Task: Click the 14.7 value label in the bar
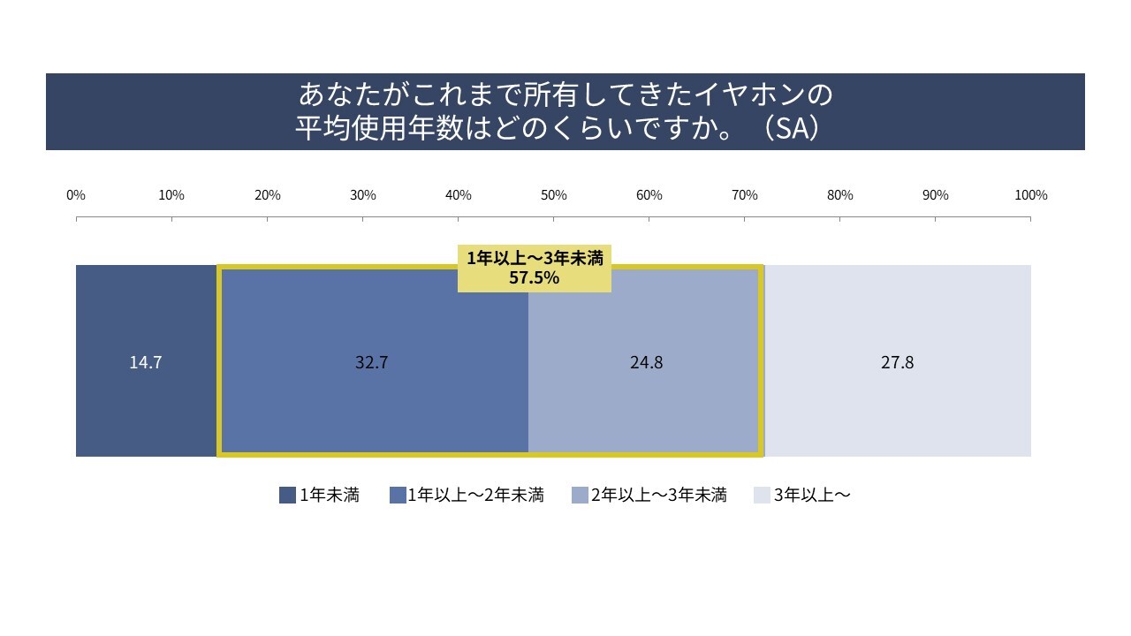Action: pos(145,363)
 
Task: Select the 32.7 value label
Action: pos(371,363)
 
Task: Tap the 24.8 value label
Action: pos(647,363)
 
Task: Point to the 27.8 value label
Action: pos(897,363)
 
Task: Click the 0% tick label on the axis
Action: pos(76,195)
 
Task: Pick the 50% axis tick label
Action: pos(553,195)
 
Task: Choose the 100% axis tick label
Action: pos(1030,195)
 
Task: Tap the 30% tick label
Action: pos(362,195)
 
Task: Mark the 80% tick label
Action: pos(839,195)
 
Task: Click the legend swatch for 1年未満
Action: pos(287,496)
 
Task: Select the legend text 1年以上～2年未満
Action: pos(475,496)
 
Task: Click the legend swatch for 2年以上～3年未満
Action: pos(580,496)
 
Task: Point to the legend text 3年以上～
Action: pos(812,496)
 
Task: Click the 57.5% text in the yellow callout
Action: pos(535,278)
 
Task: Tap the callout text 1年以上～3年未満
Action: pos(535,260)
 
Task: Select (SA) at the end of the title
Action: pos(789,129)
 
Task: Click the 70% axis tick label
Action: pos(744,195)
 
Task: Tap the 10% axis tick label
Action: pos(171,195)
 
